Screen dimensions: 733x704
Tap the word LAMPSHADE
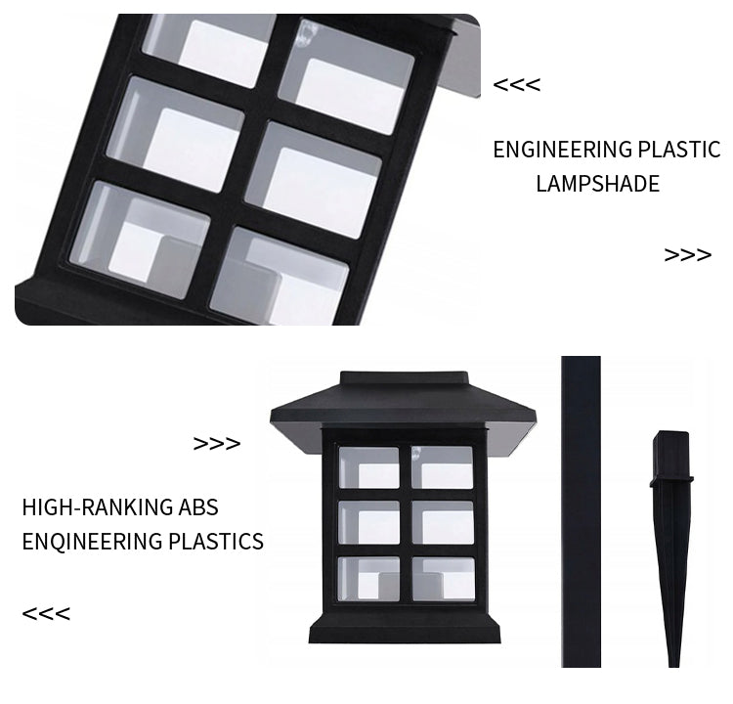click(597, 184)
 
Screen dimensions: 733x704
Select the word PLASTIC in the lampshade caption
click(679, 150)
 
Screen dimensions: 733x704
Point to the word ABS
click(198, 507)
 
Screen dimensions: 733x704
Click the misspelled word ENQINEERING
click(92, 542)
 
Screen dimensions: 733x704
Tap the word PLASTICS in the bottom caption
click(216, 542)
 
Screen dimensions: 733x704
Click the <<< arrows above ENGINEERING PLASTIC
click(517, 85)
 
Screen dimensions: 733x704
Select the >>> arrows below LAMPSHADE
click(688, 255)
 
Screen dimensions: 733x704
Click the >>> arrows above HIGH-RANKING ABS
click(217, 444)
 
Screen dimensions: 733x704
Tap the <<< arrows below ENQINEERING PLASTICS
click(46, 614)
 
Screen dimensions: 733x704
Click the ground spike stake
click(671, 548)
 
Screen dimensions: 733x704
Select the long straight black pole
click(582, 511)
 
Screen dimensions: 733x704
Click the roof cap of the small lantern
click(404, 412)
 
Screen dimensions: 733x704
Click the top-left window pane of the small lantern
click(368, 467)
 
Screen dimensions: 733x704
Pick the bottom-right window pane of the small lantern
click(443, 579)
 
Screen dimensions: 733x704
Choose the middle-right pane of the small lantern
click(443, 523)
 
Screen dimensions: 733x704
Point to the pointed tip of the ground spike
click(673, 666)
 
